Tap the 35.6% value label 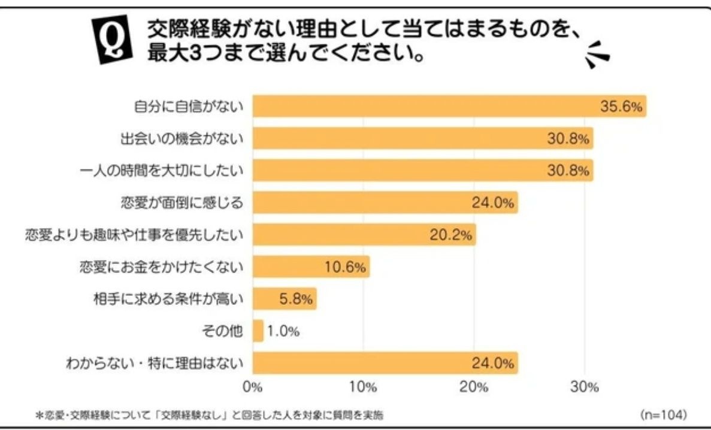click(x=621, y=107)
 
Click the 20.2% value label click(x=450, y=235)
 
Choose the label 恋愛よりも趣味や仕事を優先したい click(x=134, y=234)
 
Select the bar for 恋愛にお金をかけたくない click(x=311, y=267)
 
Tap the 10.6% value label click(x=345, y=267)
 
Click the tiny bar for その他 click(x=258, y=331)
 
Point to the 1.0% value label click(x=283, y=331)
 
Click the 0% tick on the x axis click(x=253, y=386)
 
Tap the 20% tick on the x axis click(x=474, y=386)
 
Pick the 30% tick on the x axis click(x=584, y=386)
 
